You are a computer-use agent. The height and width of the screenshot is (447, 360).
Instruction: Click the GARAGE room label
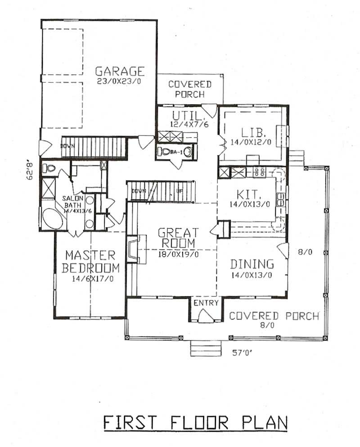(120, 71)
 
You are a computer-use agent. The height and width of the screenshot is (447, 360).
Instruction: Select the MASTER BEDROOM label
(90, 262)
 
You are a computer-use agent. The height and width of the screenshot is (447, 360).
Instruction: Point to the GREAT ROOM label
(178, 238)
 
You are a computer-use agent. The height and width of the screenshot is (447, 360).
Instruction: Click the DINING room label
(252, 264)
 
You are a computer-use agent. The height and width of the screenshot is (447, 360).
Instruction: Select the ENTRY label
(206, 303)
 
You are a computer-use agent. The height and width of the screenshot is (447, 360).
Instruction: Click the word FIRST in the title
(131, 423)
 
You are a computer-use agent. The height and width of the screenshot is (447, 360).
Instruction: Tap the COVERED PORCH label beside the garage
(189, 89)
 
